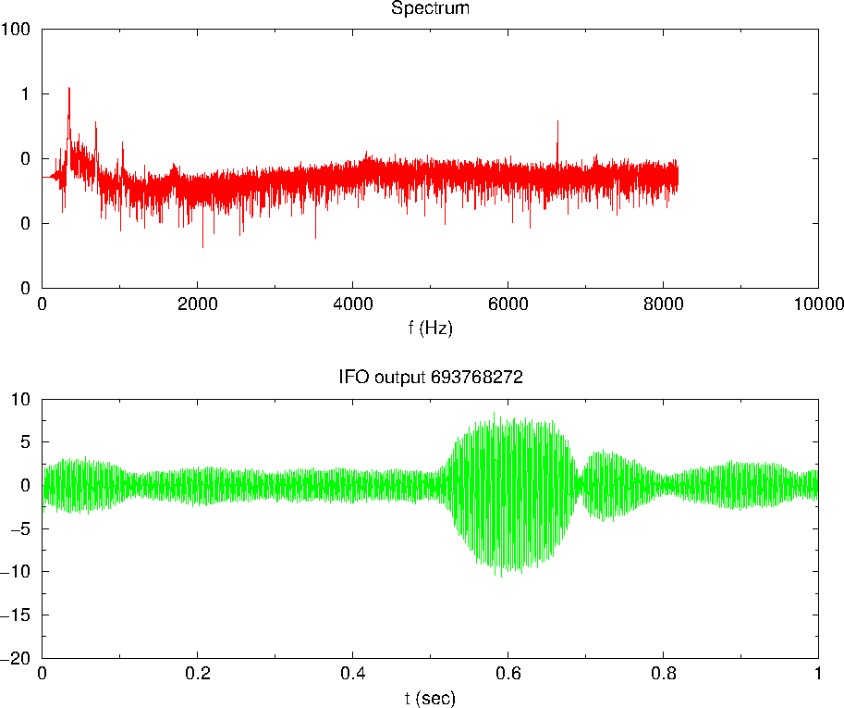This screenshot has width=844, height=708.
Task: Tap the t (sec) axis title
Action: [430, 697]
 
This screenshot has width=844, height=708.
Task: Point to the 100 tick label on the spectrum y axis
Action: [18, 29]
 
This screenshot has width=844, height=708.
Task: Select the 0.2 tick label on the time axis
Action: [197, 674]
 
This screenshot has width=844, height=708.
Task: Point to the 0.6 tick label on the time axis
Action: [508, 674]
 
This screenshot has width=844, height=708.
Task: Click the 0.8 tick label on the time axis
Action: [663, 674]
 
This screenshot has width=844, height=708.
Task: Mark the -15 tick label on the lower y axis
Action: [19, 615]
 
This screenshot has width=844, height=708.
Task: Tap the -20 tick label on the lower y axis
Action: [19, 658]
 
